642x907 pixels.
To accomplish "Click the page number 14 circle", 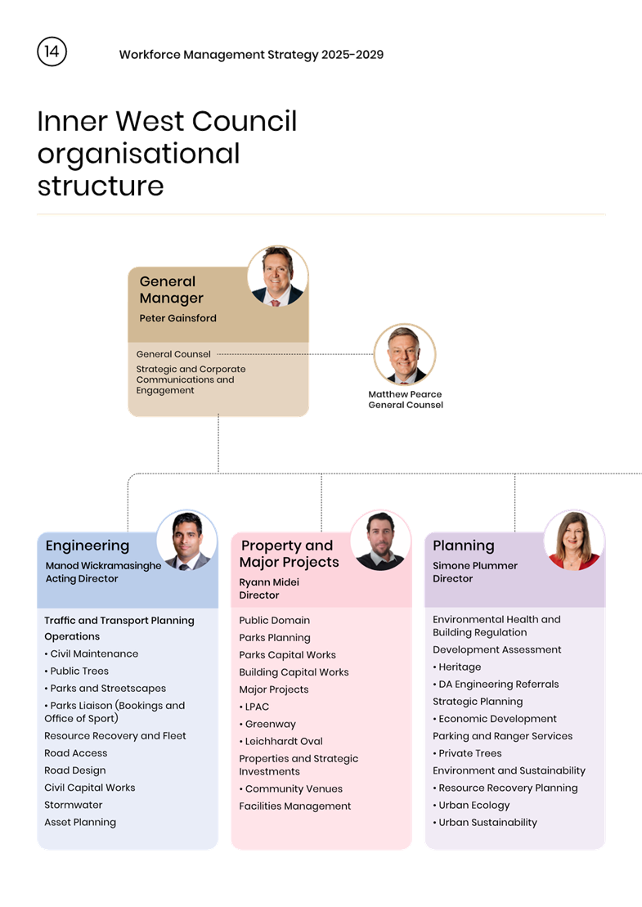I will (52, 52).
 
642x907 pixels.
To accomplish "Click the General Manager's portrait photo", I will (278, 276).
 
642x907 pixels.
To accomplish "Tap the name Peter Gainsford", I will (177, 318).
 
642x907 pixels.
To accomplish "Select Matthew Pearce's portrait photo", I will (404, 355).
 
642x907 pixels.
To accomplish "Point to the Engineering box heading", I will (88, 546).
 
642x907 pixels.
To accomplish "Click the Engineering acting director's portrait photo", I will (186, 541).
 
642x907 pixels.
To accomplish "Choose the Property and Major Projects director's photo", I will (380, 541).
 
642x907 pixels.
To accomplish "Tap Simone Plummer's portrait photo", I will (574, 541).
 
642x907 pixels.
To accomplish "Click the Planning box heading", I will (463, 546).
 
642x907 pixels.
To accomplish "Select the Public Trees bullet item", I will (79, 671).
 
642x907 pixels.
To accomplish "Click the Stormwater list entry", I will (74, 805).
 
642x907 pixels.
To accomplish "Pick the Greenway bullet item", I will (270, 724).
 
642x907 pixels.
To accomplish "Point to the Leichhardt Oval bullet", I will (283, 741).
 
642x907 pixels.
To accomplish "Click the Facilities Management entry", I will (294, 806).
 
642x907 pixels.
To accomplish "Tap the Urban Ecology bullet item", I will (474, 805).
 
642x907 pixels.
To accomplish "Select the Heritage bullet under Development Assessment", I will (459, 667).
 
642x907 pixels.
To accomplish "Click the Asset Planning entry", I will (80, 822).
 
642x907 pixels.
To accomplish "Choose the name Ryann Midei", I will (269, 582).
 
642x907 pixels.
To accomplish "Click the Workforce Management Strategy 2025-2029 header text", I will (251, 55).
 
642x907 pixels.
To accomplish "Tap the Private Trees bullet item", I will (469, 753).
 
